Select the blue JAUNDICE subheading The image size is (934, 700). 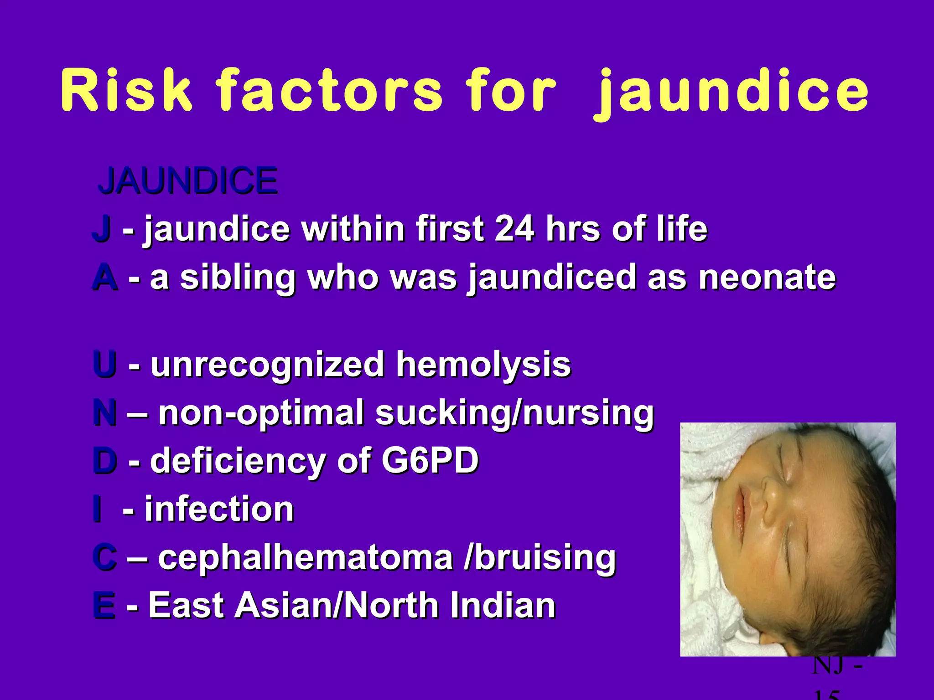tap(188, 180)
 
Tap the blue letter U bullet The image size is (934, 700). tap(104, 364)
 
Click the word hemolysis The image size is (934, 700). tap(483, 364)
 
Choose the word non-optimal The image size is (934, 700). tap(261, 413)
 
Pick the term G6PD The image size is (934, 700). tap(430, 460)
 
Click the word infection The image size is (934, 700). tap(219, 509)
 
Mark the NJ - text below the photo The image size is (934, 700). tap(837, 666)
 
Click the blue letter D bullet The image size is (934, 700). tap(104, 460)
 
